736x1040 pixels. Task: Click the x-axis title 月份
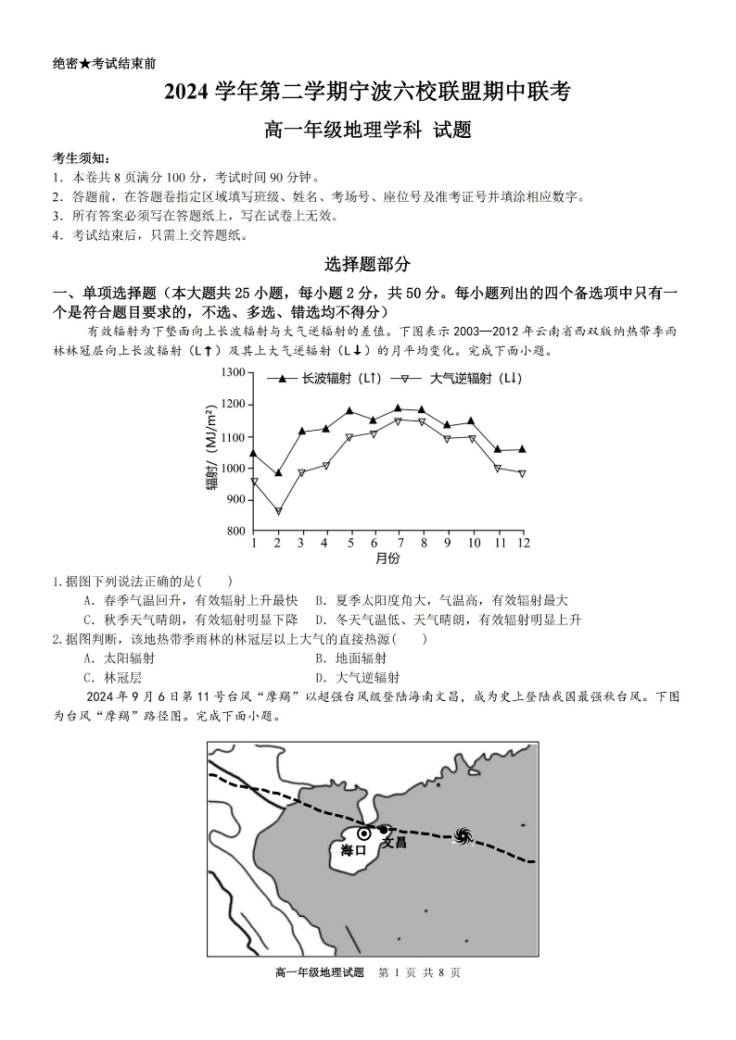coord(387,558)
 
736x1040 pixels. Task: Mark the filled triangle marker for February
coord(278,472)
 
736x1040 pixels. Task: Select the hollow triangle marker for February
coord(278,511)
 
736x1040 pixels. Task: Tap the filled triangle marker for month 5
coord(350,410)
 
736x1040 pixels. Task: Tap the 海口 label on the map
coord(353,850)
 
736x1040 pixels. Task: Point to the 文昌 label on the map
coord(395,843)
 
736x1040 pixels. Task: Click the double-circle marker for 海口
coord(364,833)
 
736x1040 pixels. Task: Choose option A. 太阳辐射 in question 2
coord(119,658)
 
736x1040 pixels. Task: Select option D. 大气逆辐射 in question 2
coord(357,677)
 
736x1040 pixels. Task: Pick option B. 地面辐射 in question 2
coord(350,658)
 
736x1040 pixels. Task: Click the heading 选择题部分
coord(367,264)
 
